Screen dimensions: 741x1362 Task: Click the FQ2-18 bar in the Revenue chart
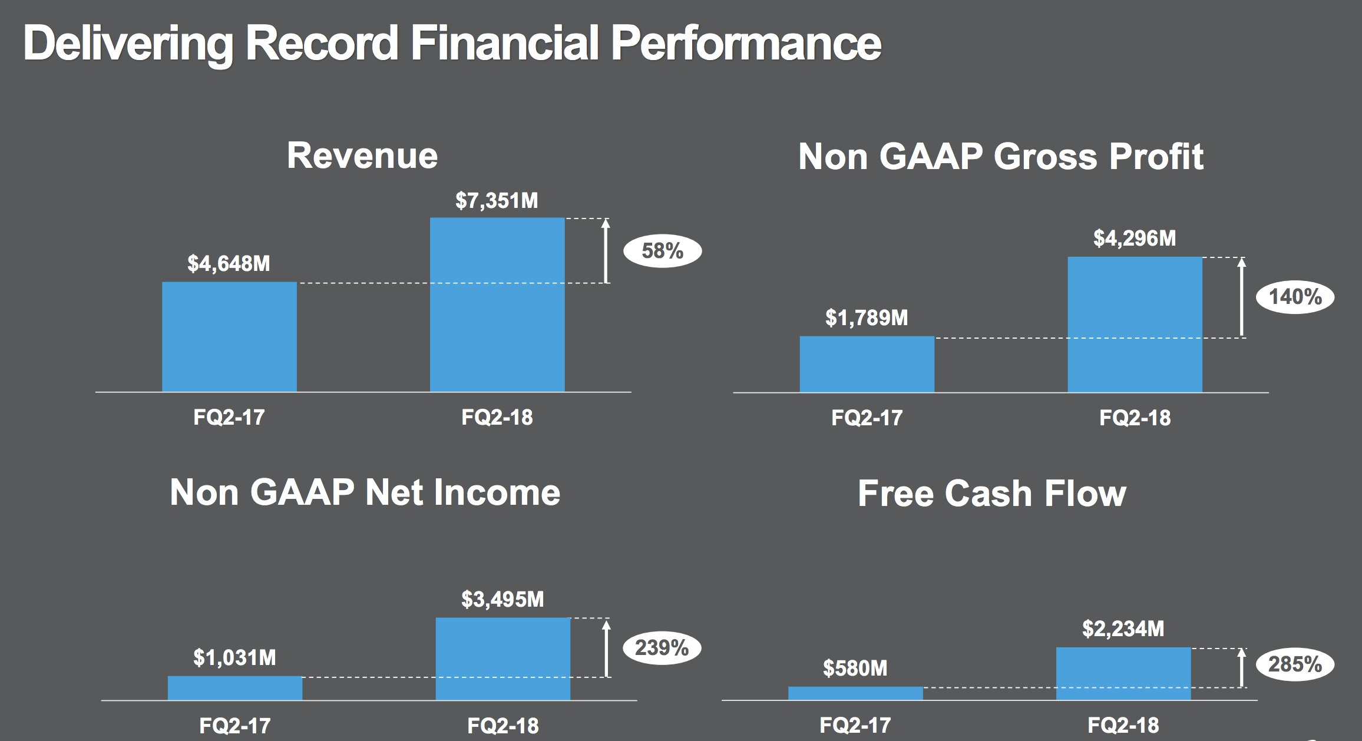497,305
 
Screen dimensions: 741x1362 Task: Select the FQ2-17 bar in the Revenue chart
229,336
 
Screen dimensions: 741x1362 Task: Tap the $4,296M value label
1135,239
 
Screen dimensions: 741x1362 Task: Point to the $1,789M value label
867,318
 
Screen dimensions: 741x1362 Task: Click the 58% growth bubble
663,251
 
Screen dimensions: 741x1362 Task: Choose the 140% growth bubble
1295,296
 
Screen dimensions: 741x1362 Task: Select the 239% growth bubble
662,648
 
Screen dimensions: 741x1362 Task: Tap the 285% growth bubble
1295,664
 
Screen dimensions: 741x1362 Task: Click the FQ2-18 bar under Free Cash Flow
1123,673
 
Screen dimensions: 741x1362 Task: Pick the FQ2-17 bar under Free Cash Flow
855,693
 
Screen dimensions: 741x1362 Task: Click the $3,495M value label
503,600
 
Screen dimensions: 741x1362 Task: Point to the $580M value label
855,669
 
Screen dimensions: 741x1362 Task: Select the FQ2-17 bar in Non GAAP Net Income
234,688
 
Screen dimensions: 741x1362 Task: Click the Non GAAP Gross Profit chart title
1000,157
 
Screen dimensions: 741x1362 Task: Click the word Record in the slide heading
322,43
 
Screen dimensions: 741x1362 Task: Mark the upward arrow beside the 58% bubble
606,250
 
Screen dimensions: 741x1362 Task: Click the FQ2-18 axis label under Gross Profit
1135,418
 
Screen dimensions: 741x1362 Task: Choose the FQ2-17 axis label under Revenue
229,417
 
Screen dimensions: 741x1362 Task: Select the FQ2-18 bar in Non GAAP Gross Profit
1135,324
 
